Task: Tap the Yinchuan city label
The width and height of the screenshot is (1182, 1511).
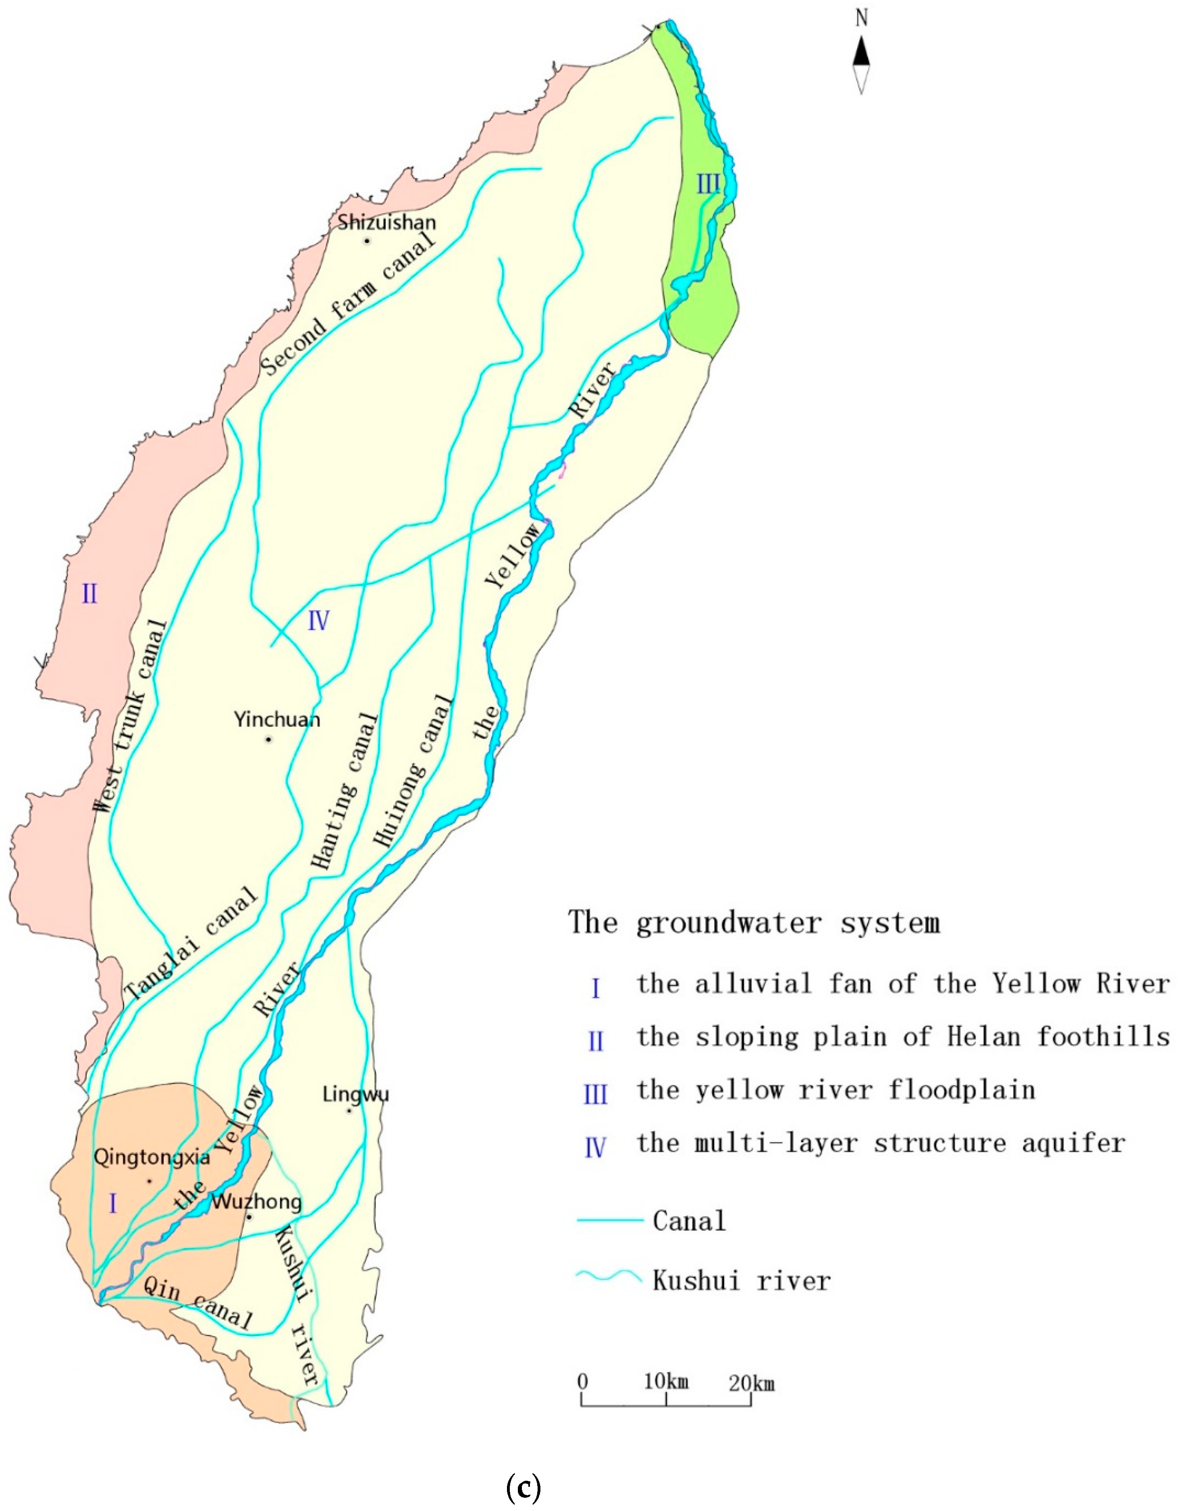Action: (277, 720)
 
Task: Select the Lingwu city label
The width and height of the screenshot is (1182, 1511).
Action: (356, 1094)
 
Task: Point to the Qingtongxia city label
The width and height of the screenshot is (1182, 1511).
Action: (152, 1158)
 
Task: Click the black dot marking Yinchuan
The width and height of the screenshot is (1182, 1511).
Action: (268, 739)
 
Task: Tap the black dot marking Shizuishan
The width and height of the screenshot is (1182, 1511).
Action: (368, 241)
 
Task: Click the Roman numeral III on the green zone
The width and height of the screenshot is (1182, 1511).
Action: (708, 185)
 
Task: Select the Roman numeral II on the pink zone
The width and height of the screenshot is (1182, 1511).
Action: (90, 593)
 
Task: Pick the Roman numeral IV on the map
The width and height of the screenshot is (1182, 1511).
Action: (318, 621)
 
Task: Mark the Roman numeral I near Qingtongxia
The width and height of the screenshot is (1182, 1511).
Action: (113, 1204)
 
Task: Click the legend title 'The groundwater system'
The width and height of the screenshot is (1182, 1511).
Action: (754, 923)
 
